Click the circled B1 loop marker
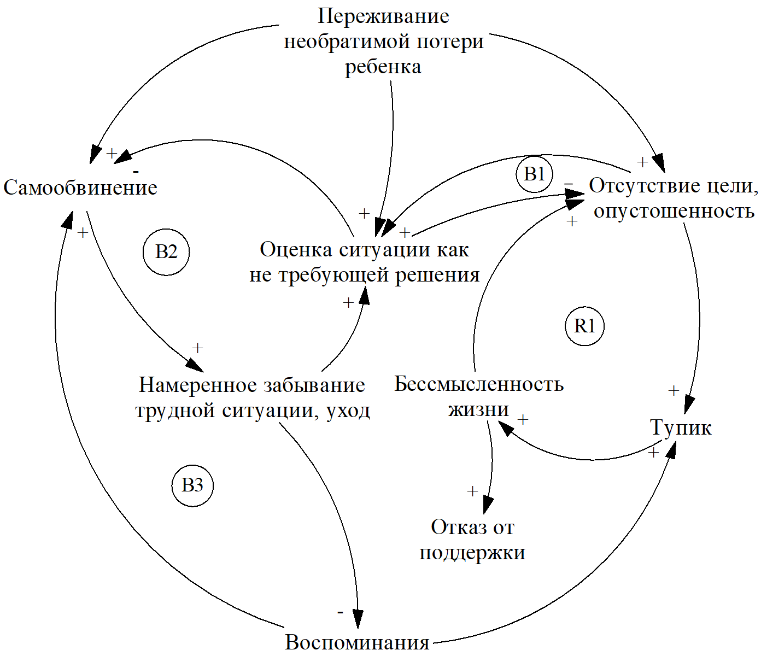[534, 174]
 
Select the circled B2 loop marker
[166, 252]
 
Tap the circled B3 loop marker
[192, 485]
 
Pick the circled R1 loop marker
[584, 326]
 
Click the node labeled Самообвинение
[80, 188]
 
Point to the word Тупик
[681, 427]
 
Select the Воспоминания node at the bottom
[358, 642]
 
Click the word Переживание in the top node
[383, 16]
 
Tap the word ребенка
[383, 67]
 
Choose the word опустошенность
[674, 210]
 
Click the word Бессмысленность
[479, 384]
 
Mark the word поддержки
[472, 553]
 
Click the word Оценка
[295, 250]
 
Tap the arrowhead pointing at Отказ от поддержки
[487, 503]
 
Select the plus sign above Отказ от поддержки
[473, 491]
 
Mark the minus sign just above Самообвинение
[136, 171]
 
